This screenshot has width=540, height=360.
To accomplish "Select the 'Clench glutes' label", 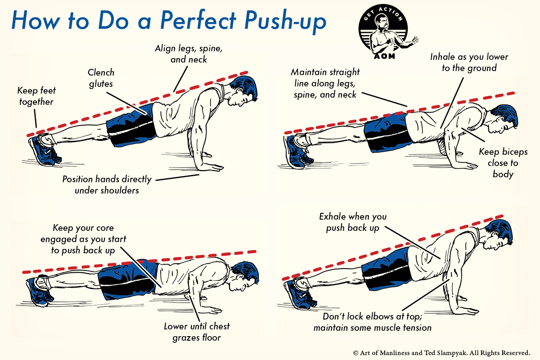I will [101, 77].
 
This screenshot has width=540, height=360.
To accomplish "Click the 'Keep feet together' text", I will [36, 96].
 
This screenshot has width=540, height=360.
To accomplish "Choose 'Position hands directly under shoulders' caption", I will [107, 184].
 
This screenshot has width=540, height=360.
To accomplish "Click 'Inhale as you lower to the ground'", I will [469, 63].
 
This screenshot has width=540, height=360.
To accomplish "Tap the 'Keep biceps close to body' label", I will [503, 162].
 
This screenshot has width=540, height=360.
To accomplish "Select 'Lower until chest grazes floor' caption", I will [197, 332].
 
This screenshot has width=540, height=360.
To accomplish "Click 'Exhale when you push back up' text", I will [352, 222].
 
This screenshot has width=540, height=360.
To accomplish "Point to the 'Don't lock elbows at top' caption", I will [372, 322].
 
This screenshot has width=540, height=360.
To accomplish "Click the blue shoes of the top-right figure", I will [297, 148].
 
